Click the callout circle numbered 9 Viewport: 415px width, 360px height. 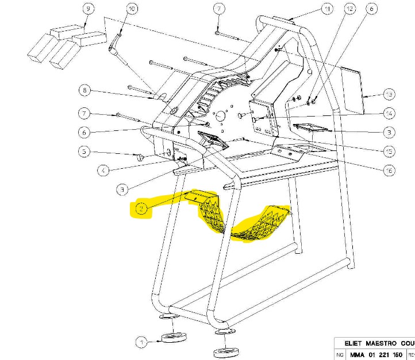(88, 9)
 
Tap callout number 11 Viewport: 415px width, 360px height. (326, 9)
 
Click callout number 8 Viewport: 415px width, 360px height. (85, 90)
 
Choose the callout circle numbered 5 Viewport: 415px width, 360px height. (84, 152)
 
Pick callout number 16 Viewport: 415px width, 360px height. (389, 170)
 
